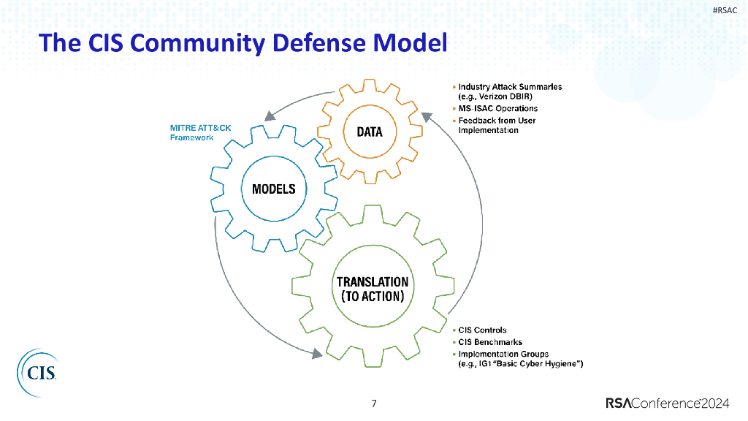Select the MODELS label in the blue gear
pyautogui.click(x=274, y=189)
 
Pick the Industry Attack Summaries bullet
pyautogui.click(x=510, y=86)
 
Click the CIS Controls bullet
pyautogui.click(x=481, y=330)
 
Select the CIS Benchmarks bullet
pyautogui.click(x=489, y=341)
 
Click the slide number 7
pyautogui.click(x=374, y=403)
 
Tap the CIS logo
pyautogui.click(x=37, y=373)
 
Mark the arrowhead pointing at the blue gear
pyautogui.click(x=270, y=116)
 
